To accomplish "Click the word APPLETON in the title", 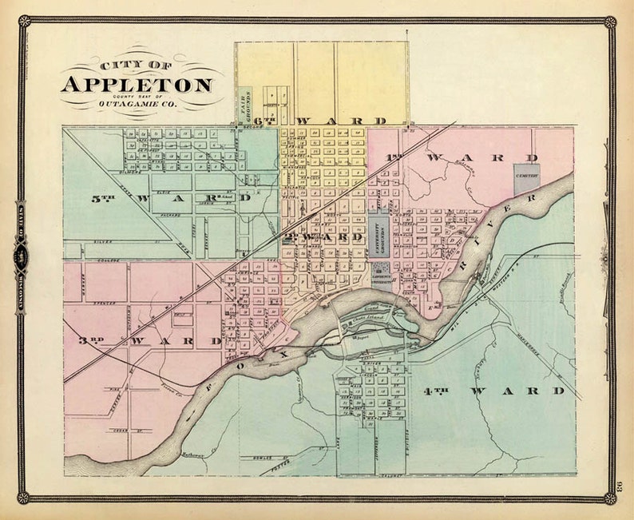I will click(x=137, y=85).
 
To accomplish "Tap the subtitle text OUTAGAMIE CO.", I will click(x=137, y=103).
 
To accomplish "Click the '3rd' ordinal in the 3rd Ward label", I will click(x=93, y=340).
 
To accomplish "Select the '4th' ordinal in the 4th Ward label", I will click(x=434, y=391).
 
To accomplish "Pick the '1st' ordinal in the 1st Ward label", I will click(x=394, y=157).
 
